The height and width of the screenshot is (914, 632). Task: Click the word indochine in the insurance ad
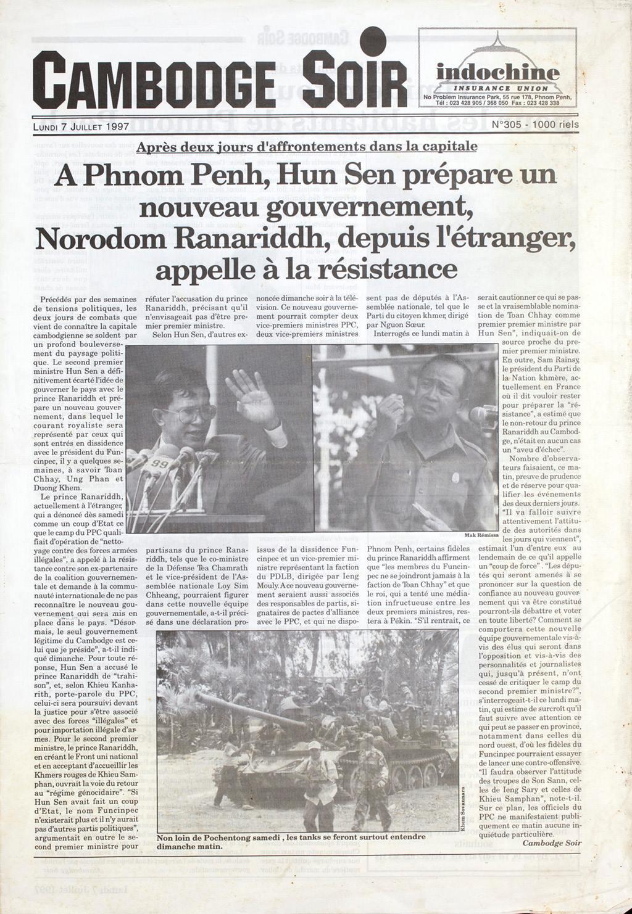[x=498, y=73]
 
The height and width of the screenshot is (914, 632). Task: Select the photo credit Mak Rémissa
[x=481, y=535]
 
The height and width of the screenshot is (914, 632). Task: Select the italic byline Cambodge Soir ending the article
[x=551, y=842]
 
